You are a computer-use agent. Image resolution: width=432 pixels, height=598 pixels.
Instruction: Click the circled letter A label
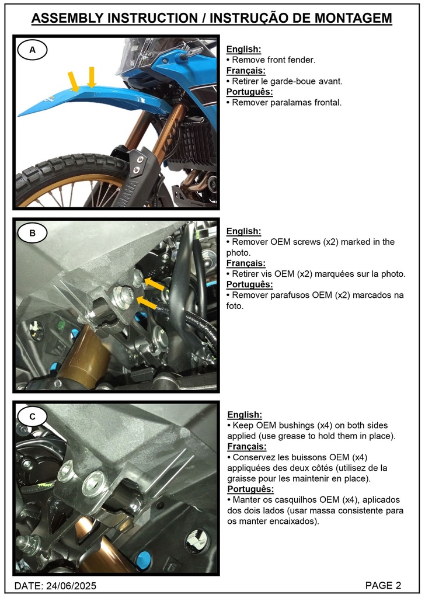(x=33, y=50)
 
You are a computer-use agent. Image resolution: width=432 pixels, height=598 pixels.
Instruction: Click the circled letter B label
(x=33, y=234)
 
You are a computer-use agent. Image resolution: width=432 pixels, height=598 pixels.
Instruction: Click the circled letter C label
(x=33, y=416)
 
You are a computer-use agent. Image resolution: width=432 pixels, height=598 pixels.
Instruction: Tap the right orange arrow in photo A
(x=91, y=77)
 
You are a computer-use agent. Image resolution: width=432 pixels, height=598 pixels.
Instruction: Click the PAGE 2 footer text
(x=383, y=585)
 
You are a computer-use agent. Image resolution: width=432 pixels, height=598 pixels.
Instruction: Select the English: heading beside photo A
(x=243, y=50)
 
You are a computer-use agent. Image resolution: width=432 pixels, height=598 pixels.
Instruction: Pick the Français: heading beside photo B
(x=246, y=263)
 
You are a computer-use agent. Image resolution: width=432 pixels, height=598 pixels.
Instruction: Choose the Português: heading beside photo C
(x=250, y=489)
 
